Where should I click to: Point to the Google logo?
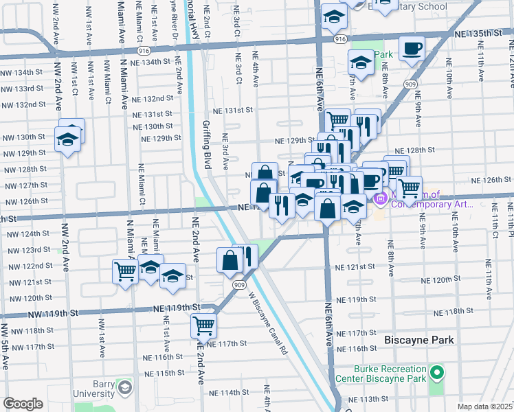pos(23,404)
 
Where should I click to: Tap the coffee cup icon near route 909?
pos(412,48)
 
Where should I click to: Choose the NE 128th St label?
pos(416,150)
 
